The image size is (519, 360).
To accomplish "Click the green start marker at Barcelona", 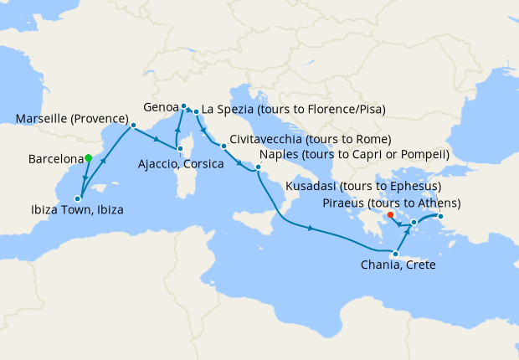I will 88,157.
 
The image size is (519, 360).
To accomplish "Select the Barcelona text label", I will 54,158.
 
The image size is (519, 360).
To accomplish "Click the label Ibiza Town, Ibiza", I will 75,210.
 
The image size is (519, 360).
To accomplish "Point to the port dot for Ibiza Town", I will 78,198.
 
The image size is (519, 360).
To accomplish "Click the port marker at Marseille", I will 133,126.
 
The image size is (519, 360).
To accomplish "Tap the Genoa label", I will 160,108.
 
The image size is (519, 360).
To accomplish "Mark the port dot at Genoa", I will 183,105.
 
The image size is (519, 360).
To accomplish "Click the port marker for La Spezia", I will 196,111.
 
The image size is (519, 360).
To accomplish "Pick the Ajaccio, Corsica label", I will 180,164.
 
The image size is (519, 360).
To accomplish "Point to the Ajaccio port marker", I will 180,149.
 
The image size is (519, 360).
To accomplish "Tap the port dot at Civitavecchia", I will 224,147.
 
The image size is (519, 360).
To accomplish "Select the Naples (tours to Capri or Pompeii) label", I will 355,155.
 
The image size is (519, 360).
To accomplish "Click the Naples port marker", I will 259,168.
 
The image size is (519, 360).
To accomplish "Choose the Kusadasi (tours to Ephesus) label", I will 363,186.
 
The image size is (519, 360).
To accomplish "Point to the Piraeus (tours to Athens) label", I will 391,203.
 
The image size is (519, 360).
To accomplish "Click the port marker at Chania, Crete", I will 395,255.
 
